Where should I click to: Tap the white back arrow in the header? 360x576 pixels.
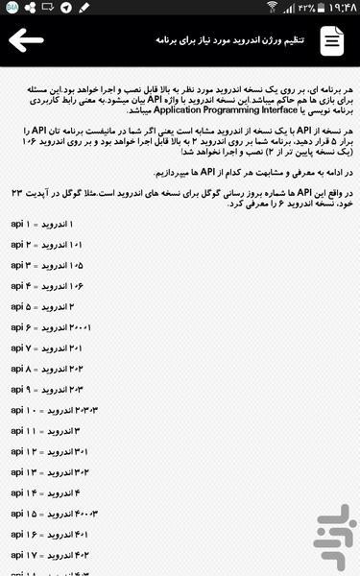click(x=28, y=40)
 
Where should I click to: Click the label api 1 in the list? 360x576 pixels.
click(x=23, y=224)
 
